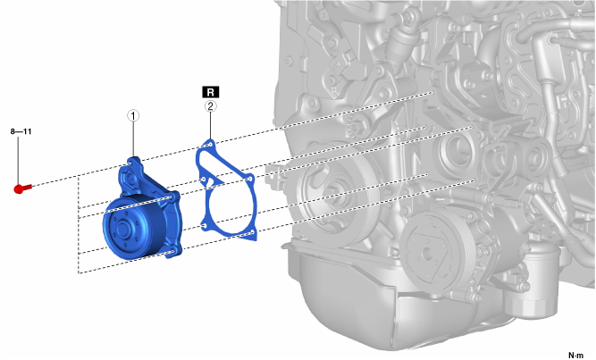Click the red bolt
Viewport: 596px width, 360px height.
(22, 188)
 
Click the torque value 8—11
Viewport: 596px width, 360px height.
(21, 131)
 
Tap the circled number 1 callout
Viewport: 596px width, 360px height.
(133, 115)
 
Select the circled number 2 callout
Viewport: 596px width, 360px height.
(211, 106)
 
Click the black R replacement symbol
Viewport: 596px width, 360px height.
(211, 92)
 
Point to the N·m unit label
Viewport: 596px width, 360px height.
(575, 356)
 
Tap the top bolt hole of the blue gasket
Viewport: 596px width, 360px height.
(210, 145)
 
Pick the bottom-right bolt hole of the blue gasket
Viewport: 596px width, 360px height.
(252, 232)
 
